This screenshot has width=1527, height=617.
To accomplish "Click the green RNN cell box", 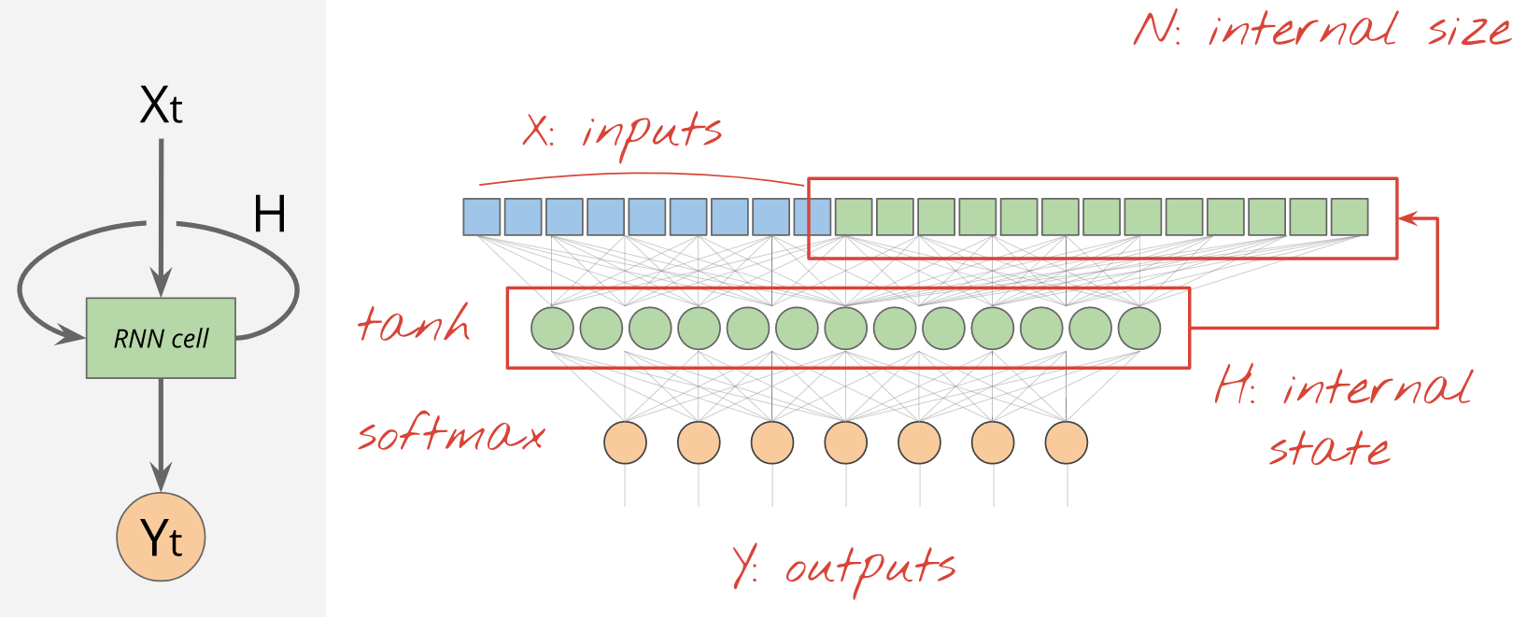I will [x=161, y=338].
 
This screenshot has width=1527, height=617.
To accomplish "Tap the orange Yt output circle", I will [x=161, y=538].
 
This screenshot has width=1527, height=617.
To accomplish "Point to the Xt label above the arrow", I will [x=161, y=105].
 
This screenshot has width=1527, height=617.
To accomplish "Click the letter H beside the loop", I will [x=269, y=215].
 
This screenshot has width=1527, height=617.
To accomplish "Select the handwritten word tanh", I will [x=414, y=324].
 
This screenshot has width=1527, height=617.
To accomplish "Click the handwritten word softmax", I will [x=451, y=435].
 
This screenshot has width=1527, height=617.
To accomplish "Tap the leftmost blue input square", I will [x=482, y=217].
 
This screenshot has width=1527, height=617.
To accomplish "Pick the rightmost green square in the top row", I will [x=1350, y=217].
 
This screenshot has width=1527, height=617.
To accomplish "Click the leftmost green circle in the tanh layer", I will [x=552, y=329].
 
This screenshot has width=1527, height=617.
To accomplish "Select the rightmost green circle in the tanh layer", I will [x=1138, y=329].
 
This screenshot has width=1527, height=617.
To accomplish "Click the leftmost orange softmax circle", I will [x=625, y=442].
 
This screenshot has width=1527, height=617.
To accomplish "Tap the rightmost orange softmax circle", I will [x=1066, y=442].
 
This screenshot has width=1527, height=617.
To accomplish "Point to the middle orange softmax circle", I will [x=845, y=442].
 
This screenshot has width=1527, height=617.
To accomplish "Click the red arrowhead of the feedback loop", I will [x=1407, y=218].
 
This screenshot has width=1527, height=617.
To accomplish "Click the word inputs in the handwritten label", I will [x=652, y=132].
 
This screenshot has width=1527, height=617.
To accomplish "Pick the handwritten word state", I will [x=1328, y=449].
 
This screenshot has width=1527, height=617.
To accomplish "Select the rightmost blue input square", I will [x=812, y=217].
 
